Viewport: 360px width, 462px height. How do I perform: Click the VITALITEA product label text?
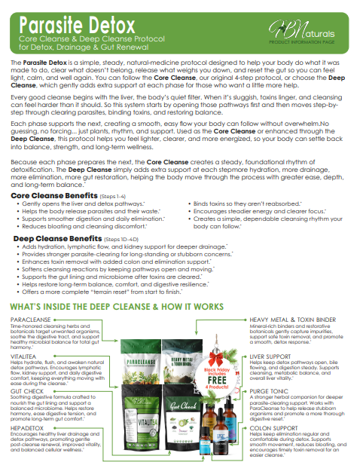pos(26,353)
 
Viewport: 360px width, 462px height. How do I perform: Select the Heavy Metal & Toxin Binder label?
pos(293,320)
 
